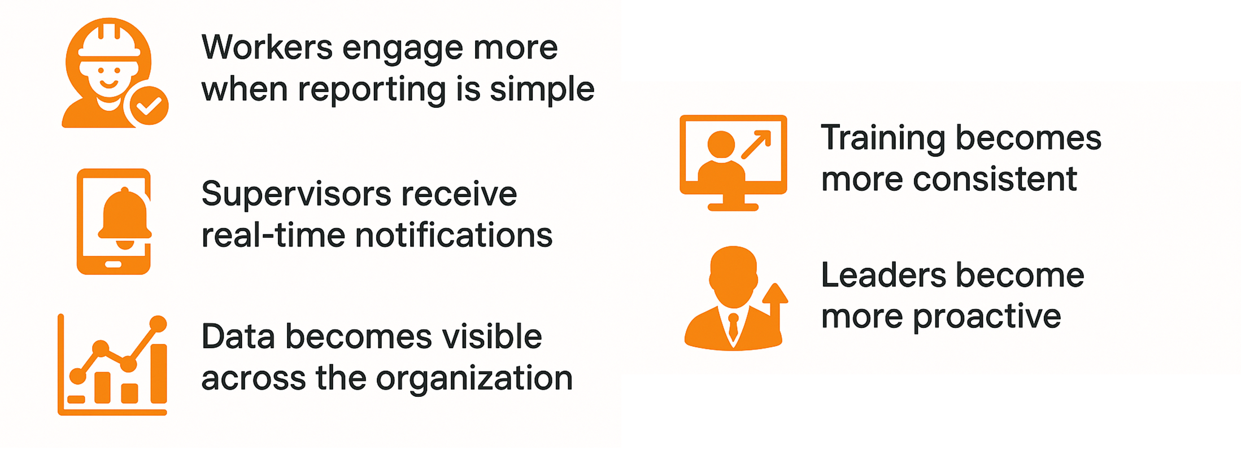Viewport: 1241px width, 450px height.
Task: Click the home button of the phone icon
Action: [x=114, y=264]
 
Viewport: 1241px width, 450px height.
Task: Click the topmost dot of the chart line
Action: [x=158, y=324]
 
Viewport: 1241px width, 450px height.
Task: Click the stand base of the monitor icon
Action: [x=733, y=207]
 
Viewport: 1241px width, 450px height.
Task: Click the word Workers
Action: [x=267, y=47]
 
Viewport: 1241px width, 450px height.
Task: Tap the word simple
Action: [x=542, y=89]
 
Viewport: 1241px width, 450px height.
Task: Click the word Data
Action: [x=238, y=337]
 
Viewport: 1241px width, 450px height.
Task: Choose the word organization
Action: [x=474, y=378]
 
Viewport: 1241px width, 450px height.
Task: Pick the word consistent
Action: [x=995, y=179]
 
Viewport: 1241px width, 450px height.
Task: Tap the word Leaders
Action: [x=882, y=276]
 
